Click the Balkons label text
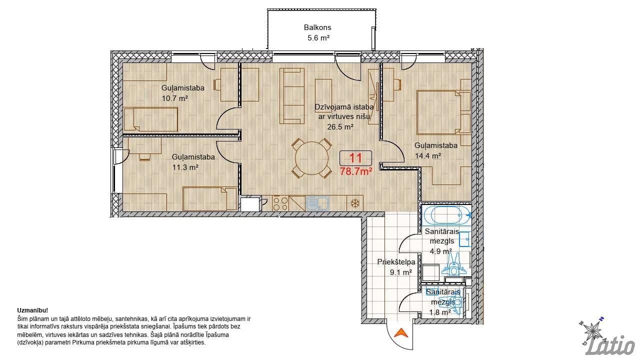[317, 27]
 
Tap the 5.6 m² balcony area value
[318, 37]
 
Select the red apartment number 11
[355, 158]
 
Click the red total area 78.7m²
[355, 171]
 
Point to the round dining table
[312, 158]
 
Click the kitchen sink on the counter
[317, 203]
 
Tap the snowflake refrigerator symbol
[355, 203]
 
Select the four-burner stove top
[280, 203]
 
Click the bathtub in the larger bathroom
[446, 215]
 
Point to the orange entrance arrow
[401, 332]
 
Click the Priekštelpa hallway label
[396, 261]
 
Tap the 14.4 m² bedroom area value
[427, 156]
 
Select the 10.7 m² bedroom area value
[175, 98]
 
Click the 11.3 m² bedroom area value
[185, 167]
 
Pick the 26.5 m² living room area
[340, 126]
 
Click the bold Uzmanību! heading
[32, 310]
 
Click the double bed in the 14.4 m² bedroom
[443, 112]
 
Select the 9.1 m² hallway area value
[401, 272]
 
